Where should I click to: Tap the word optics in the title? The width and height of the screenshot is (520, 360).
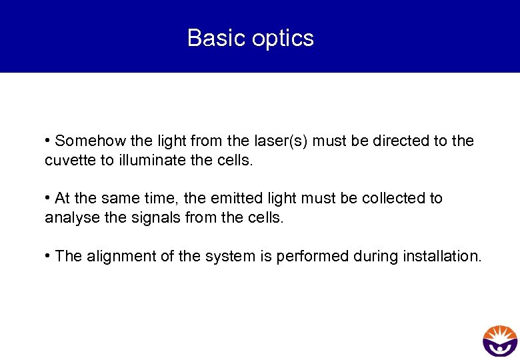(283, 39)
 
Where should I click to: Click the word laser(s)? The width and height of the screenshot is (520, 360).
(283, 141)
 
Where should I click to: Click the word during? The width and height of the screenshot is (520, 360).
(375, 256)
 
